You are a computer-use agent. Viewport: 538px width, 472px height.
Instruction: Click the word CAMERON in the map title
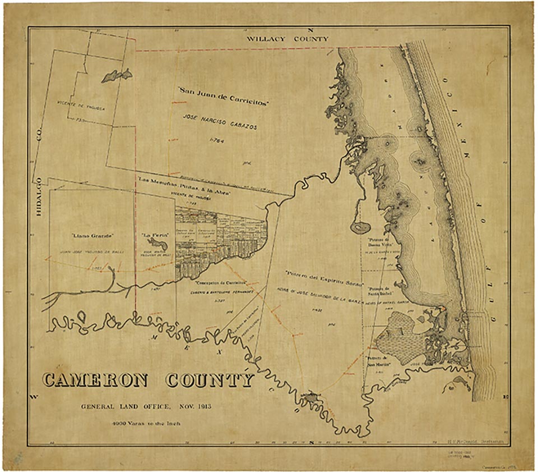pyautogui.click(x=95, y=381)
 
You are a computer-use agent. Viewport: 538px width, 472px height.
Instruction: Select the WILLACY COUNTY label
pyautogui.click(x=289, y=39)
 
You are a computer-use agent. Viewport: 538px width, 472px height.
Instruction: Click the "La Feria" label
pyautogui.click(x=153, y=236)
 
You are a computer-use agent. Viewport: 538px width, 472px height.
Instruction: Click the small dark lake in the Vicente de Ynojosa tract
pyautogui.click(x=117, y=75)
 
